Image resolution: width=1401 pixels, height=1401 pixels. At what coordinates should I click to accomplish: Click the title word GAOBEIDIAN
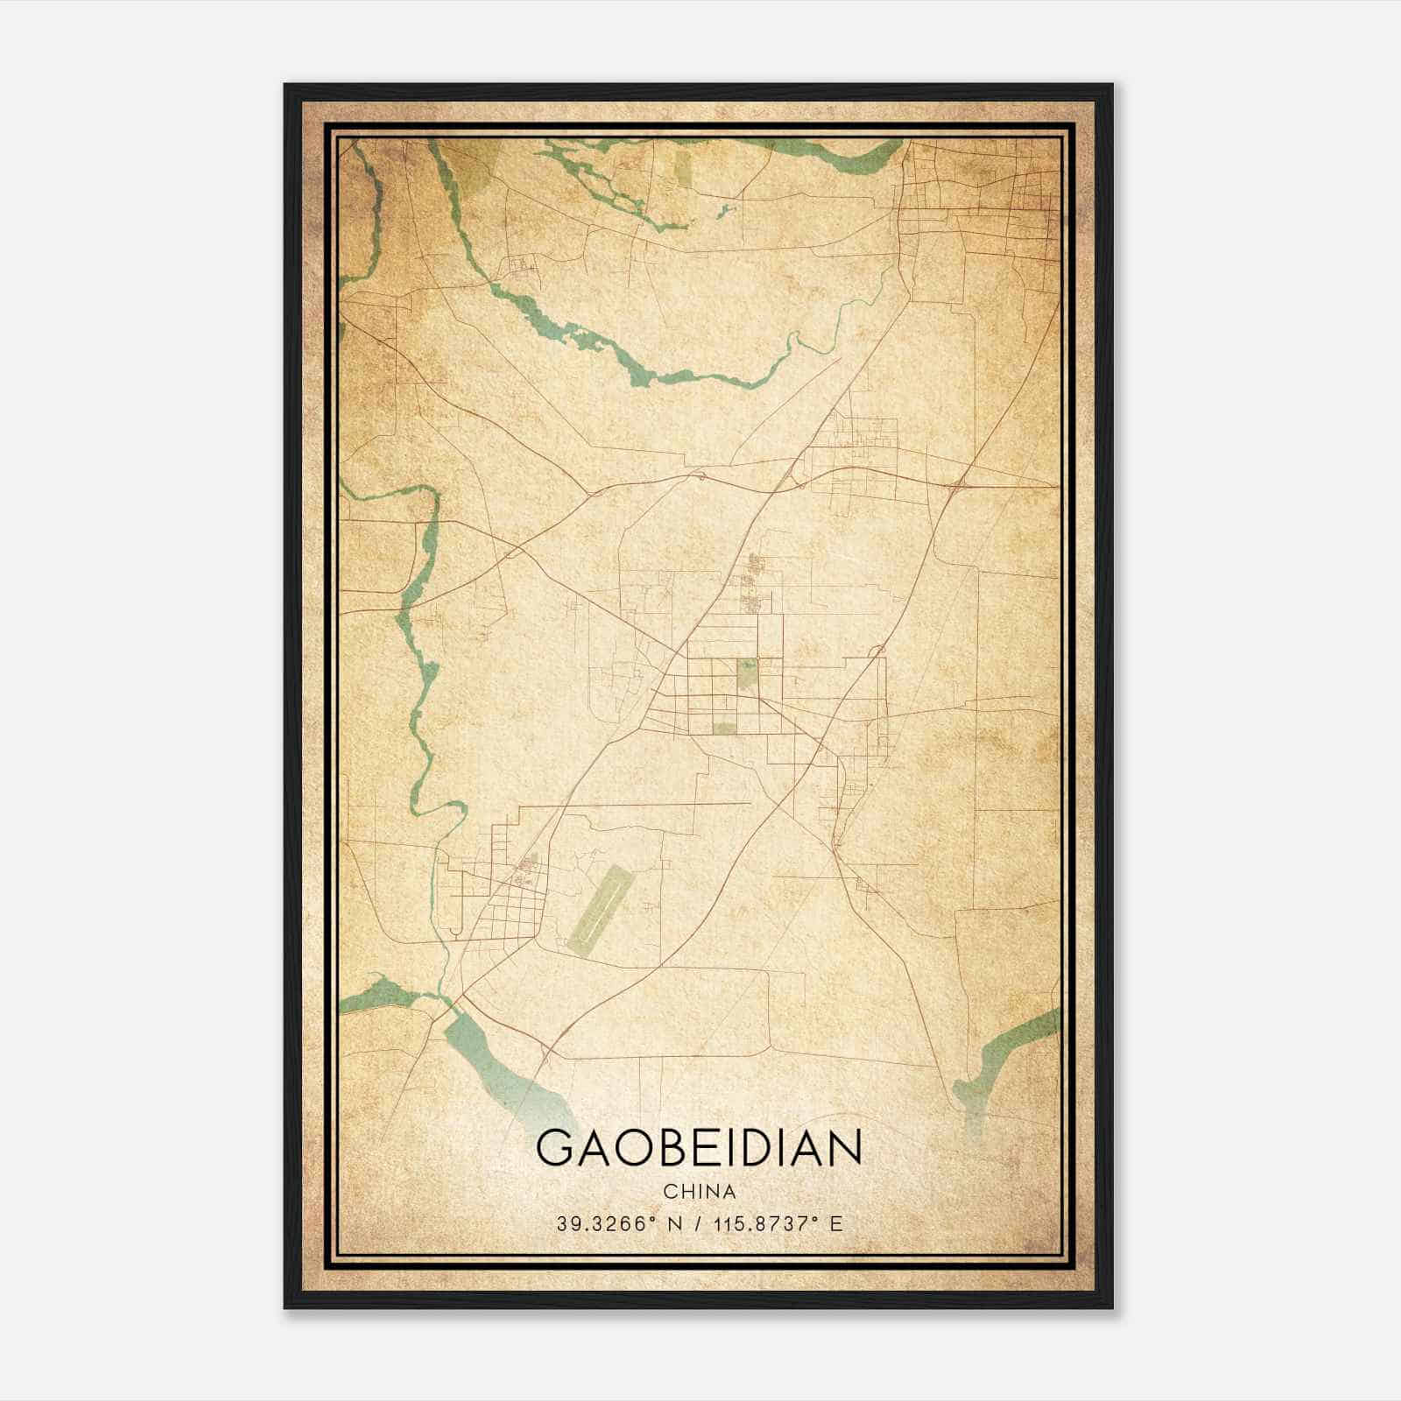[x=699, y=1148]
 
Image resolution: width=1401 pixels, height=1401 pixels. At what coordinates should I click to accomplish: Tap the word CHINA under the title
[x=699, y=1192]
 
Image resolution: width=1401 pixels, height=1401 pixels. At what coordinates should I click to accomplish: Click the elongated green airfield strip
[x=599, y=910]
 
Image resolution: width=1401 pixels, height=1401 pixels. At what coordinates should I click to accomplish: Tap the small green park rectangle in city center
[x=747, y=675]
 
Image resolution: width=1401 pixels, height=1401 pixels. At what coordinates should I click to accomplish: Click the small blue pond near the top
[x=725, y=210]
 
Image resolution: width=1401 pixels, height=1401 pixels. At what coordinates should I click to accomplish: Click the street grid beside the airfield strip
[x=512, y=911]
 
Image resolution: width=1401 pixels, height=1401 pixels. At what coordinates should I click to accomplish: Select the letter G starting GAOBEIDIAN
[x=553, y=1148]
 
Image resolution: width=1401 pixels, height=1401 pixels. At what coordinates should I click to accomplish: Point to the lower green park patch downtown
[x=725, y=729]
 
